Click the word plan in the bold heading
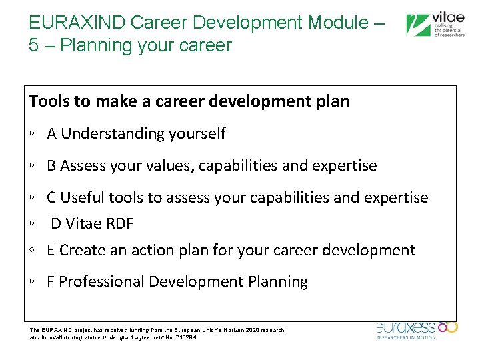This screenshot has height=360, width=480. coord(332,101)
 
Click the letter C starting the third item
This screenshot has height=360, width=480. coord(51,197)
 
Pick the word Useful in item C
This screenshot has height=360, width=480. coord(81,197)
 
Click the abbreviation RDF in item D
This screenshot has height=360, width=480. coord(119,223)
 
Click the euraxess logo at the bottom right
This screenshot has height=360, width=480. coord(416,329)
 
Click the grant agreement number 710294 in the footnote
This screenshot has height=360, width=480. coord(185,337)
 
